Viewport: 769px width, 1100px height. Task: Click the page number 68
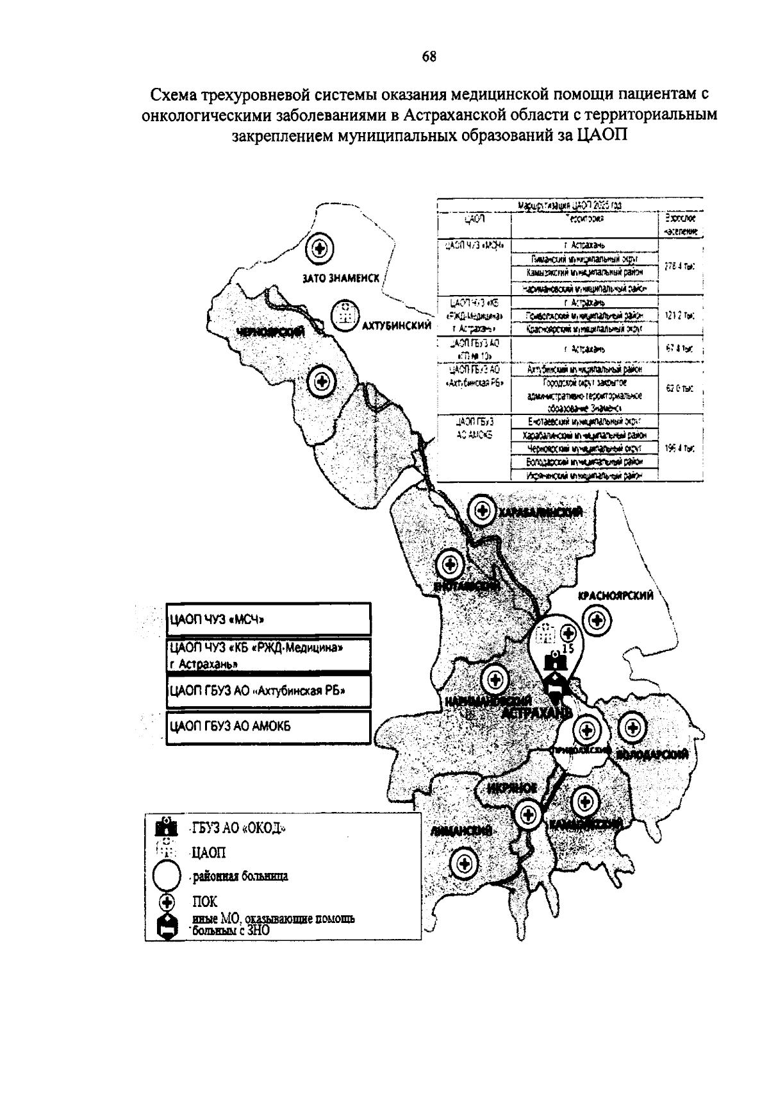[429, 57]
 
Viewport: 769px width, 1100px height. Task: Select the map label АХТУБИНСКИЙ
[396, 325]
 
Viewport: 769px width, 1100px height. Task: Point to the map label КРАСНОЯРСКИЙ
[615, 595]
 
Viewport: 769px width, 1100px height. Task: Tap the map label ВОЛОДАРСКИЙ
[652, 754]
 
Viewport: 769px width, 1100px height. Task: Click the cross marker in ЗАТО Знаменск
[318, 248]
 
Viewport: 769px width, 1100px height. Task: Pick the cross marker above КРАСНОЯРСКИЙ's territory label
[597, 620]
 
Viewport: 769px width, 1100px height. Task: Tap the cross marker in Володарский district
[633, 727]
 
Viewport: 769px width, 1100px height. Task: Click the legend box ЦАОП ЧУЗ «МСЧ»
[268, 620]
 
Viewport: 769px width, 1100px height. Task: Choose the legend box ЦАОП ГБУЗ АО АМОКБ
[268, 727]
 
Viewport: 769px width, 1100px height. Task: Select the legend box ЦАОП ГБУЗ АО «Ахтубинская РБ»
[268, 691]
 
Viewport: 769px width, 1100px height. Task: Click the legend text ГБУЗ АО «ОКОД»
[238, 829]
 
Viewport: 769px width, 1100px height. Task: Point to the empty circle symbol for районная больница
[167, 876]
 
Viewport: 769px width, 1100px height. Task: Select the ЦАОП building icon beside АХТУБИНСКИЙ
[345, 315]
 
